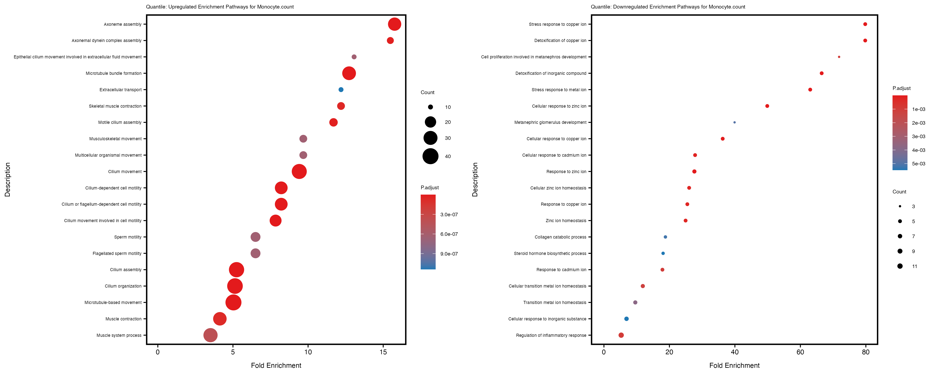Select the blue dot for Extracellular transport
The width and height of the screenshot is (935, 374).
click(x=341, y=90)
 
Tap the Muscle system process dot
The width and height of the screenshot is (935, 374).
click(x=210, y=335)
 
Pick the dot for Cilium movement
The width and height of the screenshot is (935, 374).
click(x=299, y=171)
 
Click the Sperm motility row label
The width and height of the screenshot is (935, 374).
click(x=128, y=237)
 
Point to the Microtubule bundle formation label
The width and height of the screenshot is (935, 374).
click(x=114, y=73)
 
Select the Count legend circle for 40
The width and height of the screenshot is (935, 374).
click(x=431, y=156)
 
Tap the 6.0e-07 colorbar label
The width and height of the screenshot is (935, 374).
click(x=449, y=234)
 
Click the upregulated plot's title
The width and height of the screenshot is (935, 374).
click(x=220, y=7)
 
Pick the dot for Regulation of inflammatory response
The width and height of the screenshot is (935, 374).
click(x=621, y=335)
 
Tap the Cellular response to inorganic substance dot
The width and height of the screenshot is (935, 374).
click(x=626, y=319)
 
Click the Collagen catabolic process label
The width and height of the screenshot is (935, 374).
click(x=560, y=237)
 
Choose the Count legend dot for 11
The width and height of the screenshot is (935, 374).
click(x=900, y=266)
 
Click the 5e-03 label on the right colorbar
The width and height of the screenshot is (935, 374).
click(x=918, y=164)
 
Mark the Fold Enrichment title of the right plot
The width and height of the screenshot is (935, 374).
click(x=734, y=365)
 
